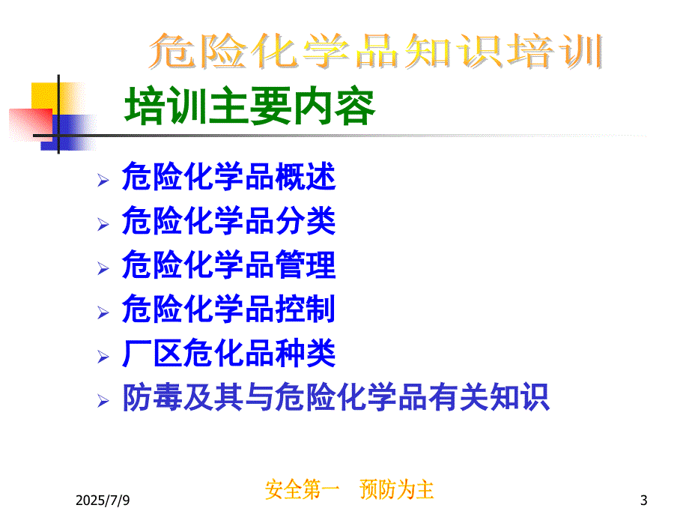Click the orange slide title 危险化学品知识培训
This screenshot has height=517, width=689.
click(376, 51)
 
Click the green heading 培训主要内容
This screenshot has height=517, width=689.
click(249, 106)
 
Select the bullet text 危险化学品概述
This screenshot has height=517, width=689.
click(229, 176)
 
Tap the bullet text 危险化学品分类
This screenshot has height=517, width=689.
click(229, 220)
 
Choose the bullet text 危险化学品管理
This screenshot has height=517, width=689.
click(229, 264)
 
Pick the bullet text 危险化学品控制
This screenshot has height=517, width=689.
click(228, 309)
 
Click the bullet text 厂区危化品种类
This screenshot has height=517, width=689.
click(229, 353)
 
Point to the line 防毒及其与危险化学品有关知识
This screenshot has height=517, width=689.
click(336, 397)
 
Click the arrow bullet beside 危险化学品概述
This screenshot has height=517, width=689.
click(103, 181)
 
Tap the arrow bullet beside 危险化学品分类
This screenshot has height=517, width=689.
click(103, 224)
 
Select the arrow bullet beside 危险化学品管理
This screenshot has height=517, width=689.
click(103, 268)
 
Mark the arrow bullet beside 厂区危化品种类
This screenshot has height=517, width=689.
click(103, 357)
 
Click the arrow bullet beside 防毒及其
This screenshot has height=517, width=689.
click(103, 401)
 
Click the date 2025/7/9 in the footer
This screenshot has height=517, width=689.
click(103, 501)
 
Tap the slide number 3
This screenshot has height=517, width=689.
click(644, 501)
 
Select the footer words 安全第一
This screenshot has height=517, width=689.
click(303, 489)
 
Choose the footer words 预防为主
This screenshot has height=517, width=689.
click(397, 489)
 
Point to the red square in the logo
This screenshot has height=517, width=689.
click(31, 125)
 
